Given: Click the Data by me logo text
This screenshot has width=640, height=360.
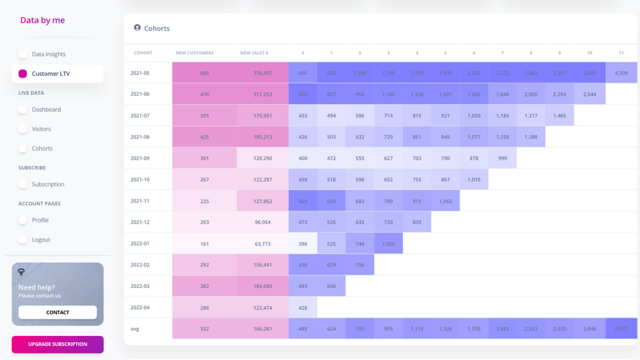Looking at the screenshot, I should (42, 20).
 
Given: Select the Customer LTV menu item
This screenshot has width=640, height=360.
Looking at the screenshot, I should (50, 73).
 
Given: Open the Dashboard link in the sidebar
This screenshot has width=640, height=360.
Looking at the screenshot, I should (46, 109).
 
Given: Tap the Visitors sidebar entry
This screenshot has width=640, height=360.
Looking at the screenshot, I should (41, 129).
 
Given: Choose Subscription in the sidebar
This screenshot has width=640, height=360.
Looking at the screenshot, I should (48, 184).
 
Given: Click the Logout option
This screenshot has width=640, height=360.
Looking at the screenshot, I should (41, 240).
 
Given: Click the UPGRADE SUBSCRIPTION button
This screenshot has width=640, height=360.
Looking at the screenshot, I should (57, 344).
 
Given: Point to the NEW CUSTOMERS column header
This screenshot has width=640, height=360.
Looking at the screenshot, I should (194, 53).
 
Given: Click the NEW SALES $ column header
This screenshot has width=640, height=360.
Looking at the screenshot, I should (254, 53).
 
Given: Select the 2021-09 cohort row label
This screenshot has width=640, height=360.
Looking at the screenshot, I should (140, 158).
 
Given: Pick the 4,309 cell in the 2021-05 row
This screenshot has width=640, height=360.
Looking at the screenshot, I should (620, 73).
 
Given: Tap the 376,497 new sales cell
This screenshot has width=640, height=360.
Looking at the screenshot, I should (262, 73).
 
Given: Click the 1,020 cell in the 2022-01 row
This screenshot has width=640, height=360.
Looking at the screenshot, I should (388, 244).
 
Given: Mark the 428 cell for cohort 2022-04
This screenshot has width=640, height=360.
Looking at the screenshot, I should (302, 308).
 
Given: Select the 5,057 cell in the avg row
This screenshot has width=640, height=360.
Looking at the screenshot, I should (620, 329).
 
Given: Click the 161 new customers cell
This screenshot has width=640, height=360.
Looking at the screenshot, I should (204, 244).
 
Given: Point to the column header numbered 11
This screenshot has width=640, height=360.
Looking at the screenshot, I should (621, 53).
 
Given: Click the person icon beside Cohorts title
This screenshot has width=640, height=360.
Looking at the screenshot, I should (137, 28).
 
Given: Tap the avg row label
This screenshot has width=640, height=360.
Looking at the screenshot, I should (134, 329).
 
